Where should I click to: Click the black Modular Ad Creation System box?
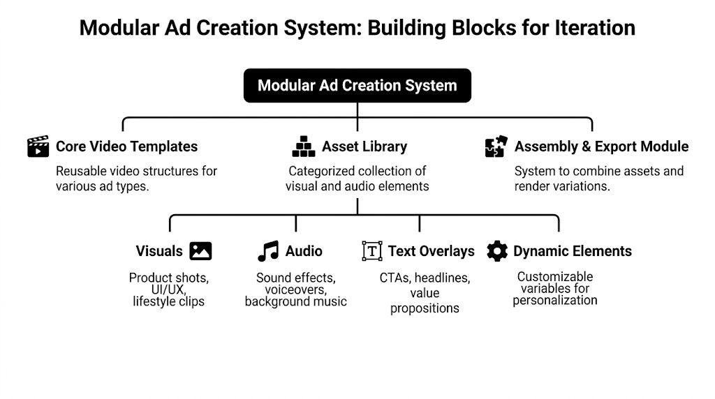[x=357, y=86]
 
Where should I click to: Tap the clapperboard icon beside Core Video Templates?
[x=38, y=146]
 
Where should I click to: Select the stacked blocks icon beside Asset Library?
[x=303, y=146]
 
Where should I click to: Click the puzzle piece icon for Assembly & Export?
[x=495, y=146]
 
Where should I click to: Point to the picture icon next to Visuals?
[x=200, y=251]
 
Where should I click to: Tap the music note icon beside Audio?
[x=267, y=251]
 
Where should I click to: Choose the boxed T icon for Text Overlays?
[x=372, y=251]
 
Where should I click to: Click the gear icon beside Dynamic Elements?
[x=497, y=251]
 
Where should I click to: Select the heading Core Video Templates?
[x=126, y=146]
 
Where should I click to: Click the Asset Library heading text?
[x=364, y=146]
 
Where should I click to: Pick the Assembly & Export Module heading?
[x=601, y=146]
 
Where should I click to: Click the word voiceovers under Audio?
[x=295, y=289]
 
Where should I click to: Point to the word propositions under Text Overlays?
[x=425, y=308]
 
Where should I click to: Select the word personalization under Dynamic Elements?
[x=555, y=301]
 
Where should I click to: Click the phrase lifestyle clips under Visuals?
[x=168, y=302]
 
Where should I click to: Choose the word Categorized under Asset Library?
[x=323, y=171]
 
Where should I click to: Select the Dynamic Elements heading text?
[x=572, y=251]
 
